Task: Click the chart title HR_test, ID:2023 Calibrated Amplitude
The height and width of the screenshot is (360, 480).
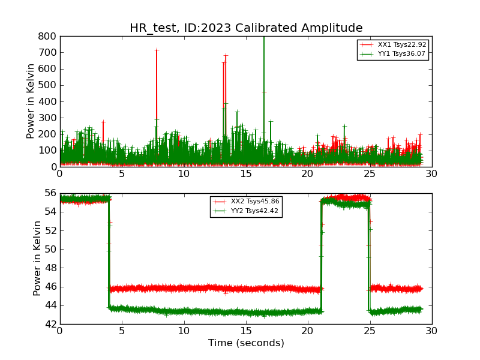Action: [246, 28]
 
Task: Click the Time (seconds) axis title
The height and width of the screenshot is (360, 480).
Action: [246, 343]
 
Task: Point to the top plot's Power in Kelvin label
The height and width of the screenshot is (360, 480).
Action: [31, 101]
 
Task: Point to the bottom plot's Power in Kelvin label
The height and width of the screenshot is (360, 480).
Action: [37, 258]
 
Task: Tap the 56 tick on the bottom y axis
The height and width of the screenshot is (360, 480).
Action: [49, 193]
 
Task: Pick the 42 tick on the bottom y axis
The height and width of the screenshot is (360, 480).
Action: [49, 324]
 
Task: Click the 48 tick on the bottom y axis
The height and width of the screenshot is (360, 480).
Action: [49, 268]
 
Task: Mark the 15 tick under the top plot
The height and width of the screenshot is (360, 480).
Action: [245, 174]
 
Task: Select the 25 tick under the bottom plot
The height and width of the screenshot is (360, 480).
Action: [370, 331]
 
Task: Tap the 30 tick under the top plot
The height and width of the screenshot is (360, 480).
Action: [431, 174]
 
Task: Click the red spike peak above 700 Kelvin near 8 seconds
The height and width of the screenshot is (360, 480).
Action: [157, 50]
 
